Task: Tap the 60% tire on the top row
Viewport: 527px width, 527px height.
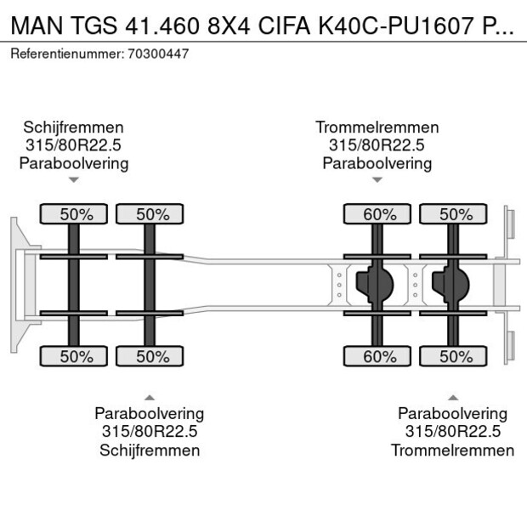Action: (x=378, y=214)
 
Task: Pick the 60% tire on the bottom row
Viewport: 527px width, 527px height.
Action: (x=378, y=357)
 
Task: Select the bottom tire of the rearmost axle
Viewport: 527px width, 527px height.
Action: (x=454, y=357)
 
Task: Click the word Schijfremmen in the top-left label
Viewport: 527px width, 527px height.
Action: (x=73, y=127)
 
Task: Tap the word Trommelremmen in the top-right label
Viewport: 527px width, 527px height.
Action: (x=377, y=127)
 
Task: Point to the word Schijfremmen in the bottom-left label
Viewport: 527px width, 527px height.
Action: (x=150, y=450)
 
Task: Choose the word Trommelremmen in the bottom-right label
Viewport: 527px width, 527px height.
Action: (x=452, y=450)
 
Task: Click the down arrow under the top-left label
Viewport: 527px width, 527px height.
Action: (x=74, y=179)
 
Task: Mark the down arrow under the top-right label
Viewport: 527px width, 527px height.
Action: (x=377, y=179)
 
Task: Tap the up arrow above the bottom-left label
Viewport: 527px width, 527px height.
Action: (x=150, y=397)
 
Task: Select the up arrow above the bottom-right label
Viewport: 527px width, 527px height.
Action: (x=453, y=397)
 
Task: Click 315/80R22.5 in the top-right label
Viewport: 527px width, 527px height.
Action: (x=377, y=144)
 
